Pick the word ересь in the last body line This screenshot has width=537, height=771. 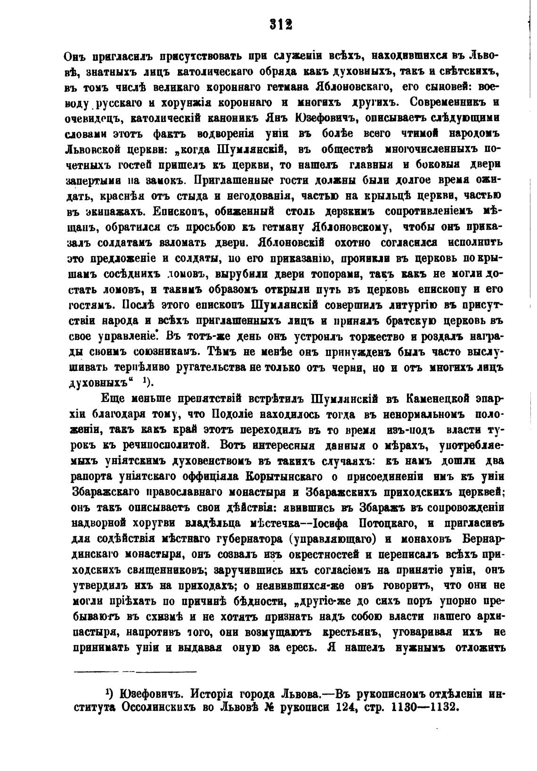click(x=294, y=648)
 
